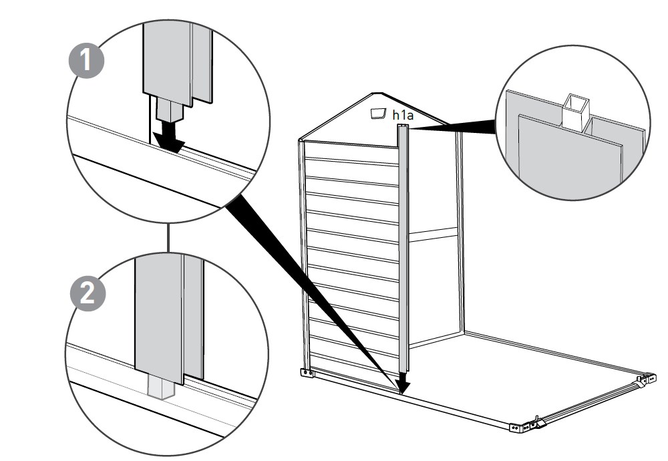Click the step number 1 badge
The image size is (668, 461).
(88, 61)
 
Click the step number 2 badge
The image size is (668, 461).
(88, 295)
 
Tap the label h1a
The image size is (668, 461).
(403, 116)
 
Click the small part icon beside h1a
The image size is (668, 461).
(379, 114)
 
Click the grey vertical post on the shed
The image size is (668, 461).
(403, 254)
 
